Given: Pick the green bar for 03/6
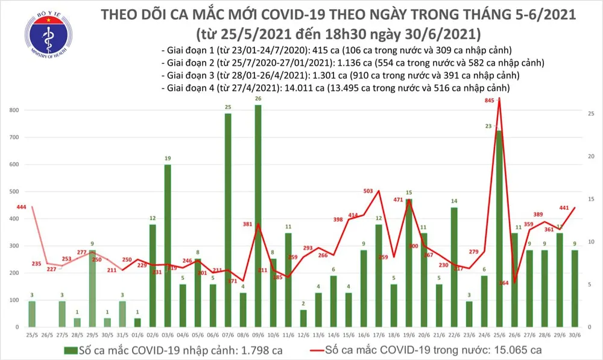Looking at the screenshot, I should [x=168, y=248].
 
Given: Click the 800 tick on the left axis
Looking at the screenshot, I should [x=13, y=110].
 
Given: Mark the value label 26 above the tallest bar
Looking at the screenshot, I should [x=258, y=98].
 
